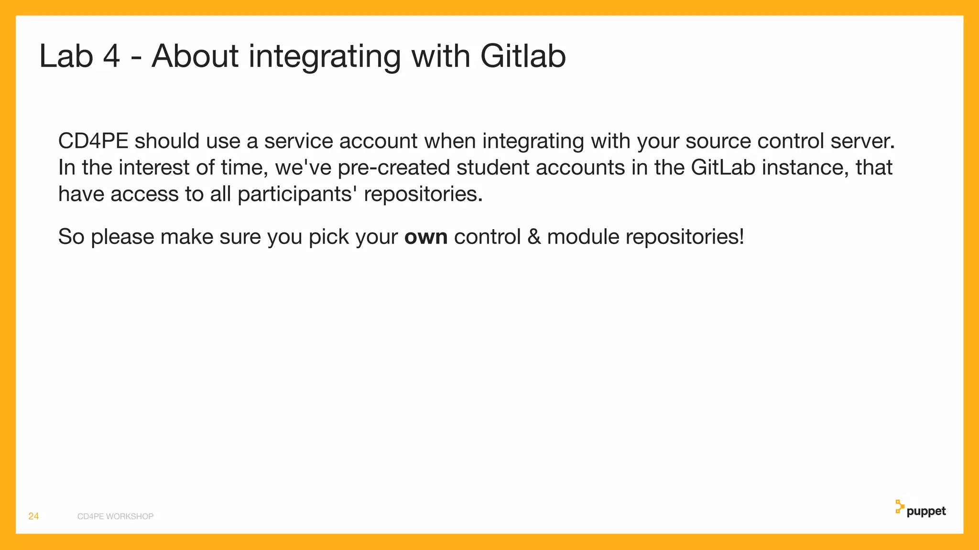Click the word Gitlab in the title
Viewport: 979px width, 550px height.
[523, 56]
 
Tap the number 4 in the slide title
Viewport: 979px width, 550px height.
[111, 56]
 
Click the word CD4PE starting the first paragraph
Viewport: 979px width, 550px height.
[93, 141]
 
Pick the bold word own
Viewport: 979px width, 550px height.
[426, 237]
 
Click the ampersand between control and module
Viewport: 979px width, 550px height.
[534, 237]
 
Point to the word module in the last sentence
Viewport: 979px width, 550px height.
[583, 237]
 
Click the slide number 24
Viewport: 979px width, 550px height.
[33, 516]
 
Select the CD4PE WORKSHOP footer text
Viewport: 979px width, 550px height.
[115, 517]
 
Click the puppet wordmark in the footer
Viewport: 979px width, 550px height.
[926, 511]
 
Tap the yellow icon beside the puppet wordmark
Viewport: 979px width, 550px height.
[899, 507]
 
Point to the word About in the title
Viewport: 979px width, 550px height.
[195, 56]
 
